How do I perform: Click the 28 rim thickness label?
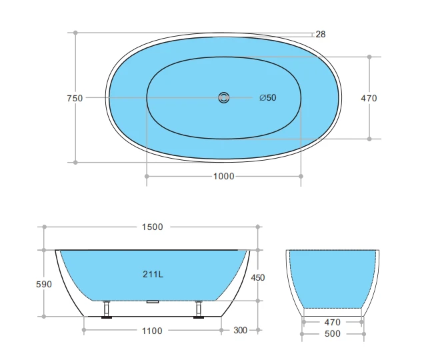point(321,35)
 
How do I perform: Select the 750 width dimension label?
point(75,98)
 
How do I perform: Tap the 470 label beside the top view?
point(369,98)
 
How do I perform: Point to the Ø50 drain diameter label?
point(267,98)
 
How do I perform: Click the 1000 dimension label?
point(223,176)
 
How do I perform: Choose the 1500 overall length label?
point(152,227)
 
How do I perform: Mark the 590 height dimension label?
point(43,284)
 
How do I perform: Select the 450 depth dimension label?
point(257,277)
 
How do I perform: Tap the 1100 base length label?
point(152,330)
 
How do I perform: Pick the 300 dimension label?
point(241,330)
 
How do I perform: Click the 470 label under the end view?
point(333,321)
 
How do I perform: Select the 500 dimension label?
point(333,333)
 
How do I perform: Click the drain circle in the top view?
point(223,98)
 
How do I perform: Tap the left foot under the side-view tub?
point(106,311)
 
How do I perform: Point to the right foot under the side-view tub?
point(198,311)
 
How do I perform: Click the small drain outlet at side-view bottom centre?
point(152,301)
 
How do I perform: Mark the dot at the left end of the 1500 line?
point(45,227)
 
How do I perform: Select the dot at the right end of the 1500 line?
point(259,227)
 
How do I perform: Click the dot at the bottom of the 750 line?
point(75,161)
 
